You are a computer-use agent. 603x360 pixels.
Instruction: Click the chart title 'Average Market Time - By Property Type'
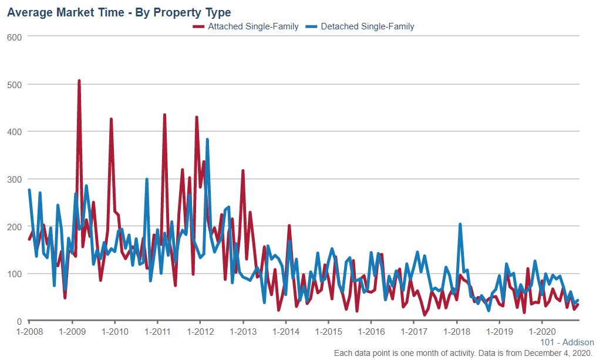click(119, 12)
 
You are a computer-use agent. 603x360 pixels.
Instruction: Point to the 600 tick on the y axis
click(15, 36)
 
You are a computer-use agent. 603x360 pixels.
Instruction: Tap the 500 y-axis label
click(15, 84)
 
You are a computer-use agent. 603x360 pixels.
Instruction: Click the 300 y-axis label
click(15, 179)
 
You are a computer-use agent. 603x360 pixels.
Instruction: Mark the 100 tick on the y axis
click(15, 274)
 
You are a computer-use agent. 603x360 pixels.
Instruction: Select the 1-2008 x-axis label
click(29, 331)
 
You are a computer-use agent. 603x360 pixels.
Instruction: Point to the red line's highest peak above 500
click(79, 81)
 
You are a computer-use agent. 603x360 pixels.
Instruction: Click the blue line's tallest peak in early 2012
click(207, 140)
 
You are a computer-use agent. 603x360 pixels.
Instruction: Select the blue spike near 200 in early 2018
click(460, 224)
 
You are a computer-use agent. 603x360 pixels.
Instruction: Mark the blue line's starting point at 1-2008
click(29, 190)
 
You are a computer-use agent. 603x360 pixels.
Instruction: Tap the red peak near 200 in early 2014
click(289, 226)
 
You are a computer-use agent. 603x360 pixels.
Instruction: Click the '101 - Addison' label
click(570, 342)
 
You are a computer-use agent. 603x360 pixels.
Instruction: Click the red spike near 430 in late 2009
click(111, 119)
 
